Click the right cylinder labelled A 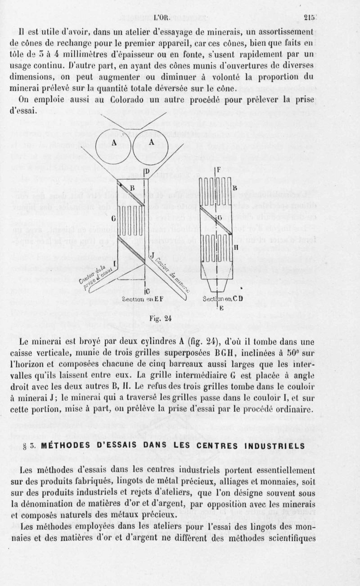152,144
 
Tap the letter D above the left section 146,171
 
